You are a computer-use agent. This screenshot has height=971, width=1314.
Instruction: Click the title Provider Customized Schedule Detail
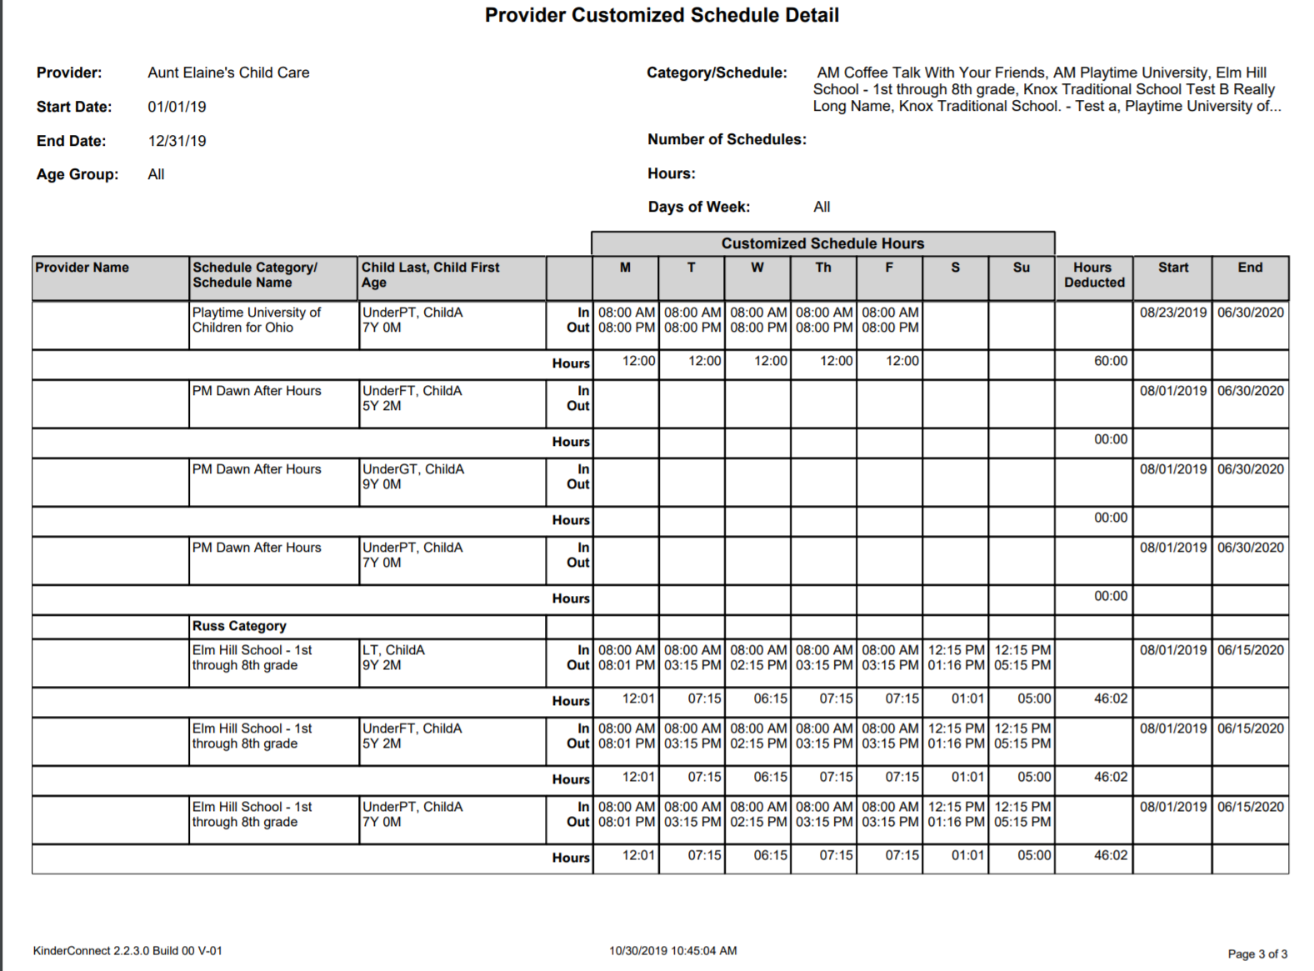pos(662,16)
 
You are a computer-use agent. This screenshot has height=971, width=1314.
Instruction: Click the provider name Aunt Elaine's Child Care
pos(228,73)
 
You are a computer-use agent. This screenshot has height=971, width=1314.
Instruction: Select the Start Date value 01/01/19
pos(177,108)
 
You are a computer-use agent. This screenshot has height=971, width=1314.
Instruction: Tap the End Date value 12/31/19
pos(177,142)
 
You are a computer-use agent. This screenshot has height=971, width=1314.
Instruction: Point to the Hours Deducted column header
pos(1093,275)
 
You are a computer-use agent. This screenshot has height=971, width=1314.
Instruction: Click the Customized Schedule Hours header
pos(822,243)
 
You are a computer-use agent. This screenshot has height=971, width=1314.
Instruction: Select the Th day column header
pos(823,268)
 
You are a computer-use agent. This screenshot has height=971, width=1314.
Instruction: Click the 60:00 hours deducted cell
pos(1110,362)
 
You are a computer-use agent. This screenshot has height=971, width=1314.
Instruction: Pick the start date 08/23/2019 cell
pos(1172,313)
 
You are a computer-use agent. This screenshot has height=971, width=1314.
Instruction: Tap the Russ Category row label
pos(239,626)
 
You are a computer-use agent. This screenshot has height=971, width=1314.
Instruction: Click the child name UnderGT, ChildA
pos(413,469)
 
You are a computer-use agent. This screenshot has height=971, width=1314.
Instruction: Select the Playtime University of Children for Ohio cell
pos(257,320)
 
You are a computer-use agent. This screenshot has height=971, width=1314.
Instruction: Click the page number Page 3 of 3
pos(1257,954)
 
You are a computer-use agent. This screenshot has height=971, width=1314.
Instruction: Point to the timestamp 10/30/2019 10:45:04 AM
pos(672,951)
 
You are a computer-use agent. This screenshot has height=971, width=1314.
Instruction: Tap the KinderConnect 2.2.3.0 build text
pos(127,951)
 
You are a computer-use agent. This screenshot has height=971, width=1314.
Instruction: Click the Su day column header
pos(1021,268)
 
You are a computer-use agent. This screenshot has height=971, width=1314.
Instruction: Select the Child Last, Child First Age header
pos(430,275)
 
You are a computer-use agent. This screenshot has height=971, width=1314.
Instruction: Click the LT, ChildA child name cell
pos(393,650)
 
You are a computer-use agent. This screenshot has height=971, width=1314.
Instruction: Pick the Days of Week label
pos(698,208)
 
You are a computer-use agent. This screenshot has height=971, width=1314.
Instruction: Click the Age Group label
pos(77,175)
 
